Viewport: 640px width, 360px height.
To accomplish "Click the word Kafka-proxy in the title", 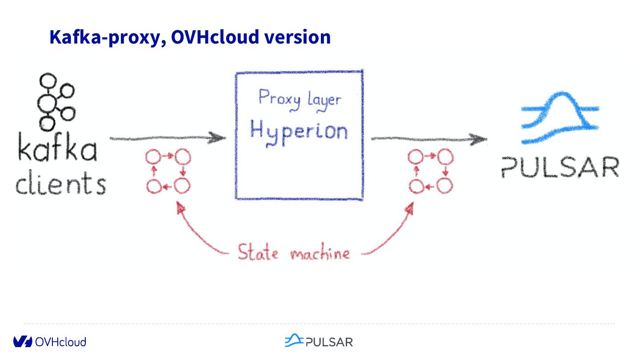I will tap(104, 37).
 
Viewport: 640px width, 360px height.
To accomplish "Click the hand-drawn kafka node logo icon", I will tap(55, 101).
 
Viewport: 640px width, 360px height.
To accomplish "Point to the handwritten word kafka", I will tap(57, 149).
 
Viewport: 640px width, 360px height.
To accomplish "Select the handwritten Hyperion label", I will tap(299, 131).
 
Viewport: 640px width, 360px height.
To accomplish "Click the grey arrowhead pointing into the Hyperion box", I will tap(218, 137).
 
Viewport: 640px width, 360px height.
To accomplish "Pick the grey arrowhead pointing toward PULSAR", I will tap(480, 139).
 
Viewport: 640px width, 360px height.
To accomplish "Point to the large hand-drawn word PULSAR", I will tap(560, 167).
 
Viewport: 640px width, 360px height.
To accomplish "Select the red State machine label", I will tap(294, 253).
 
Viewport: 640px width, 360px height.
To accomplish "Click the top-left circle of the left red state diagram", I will tap(153, 157).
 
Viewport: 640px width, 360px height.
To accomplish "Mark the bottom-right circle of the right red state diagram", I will tap(444, 186).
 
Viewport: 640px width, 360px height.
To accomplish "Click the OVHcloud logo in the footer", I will tap(49, 341).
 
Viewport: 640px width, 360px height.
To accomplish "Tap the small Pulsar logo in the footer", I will tap(319, 341).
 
